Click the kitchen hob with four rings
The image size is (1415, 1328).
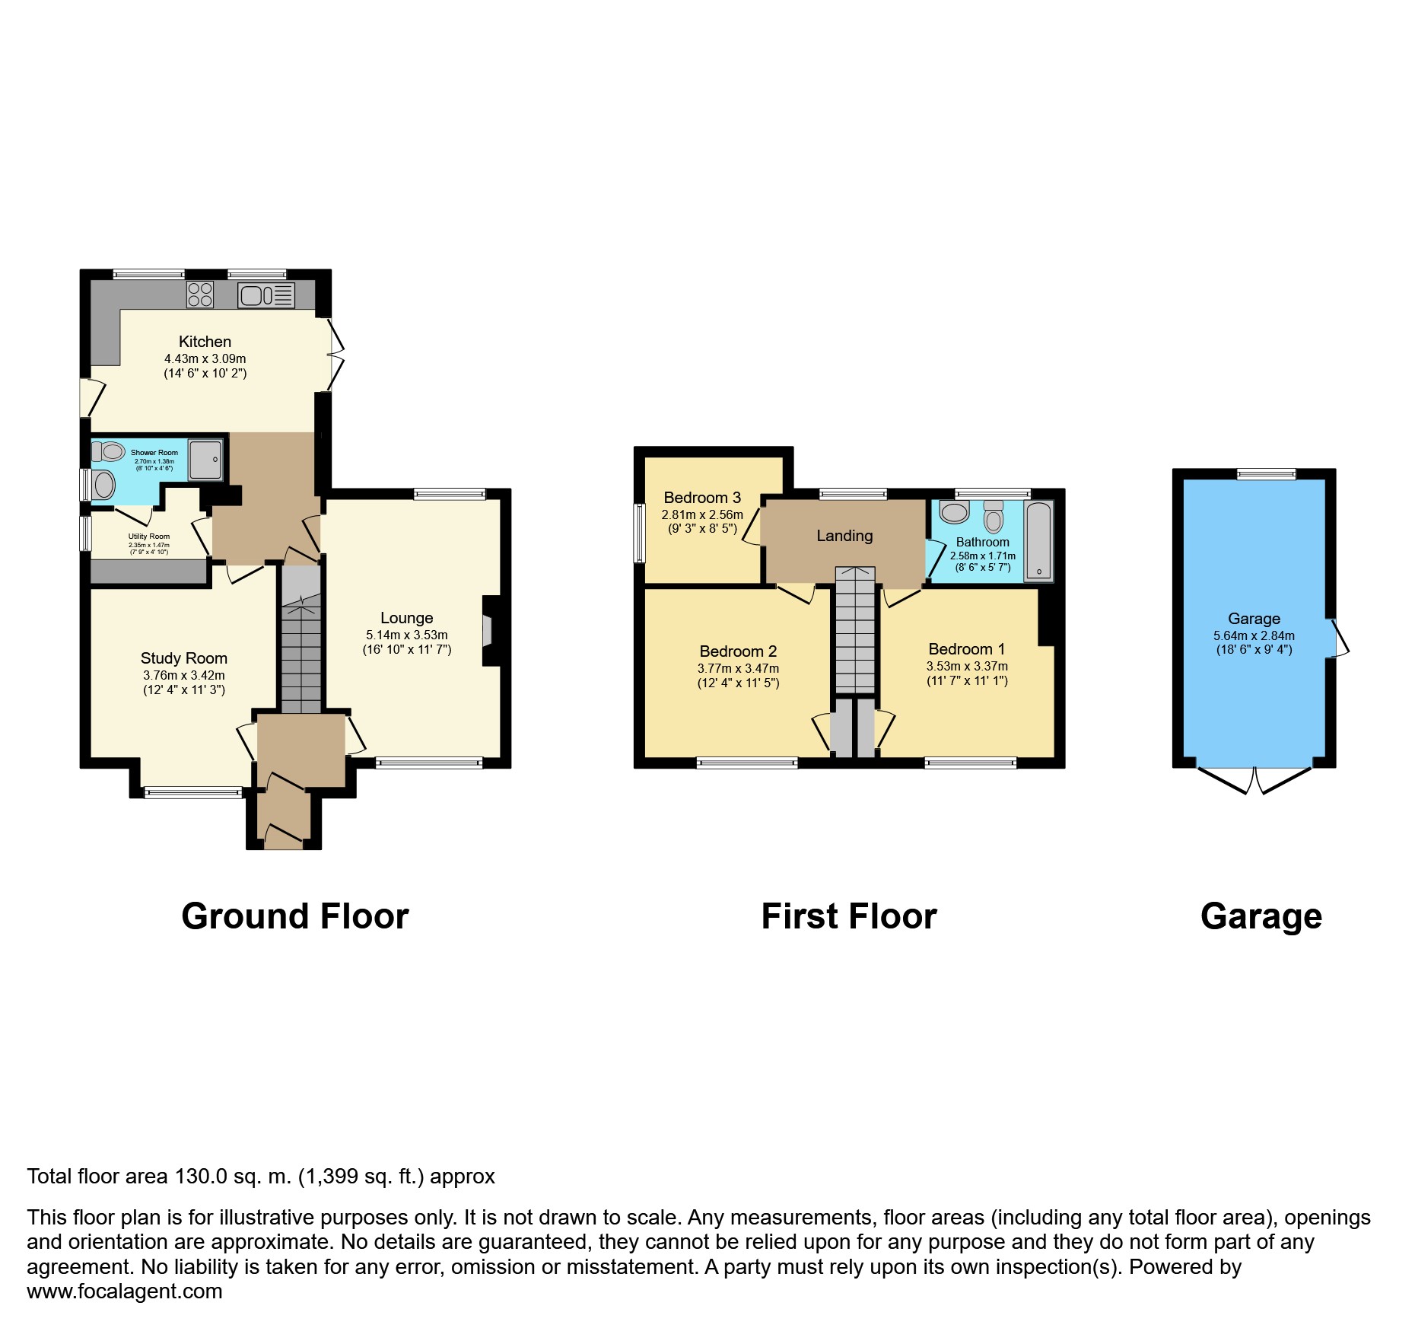[200, 295]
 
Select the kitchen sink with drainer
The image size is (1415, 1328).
[266, 295]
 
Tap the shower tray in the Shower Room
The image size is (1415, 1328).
[205, 460]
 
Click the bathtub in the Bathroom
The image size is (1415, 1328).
[1038, 541]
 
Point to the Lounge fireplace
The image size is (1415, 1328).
[490, 631]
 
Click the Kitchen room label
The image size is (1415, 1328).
[205, 342]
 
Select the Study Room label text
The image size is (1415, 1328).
[184, 658]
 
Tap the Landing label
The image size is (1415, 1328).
[844, 536]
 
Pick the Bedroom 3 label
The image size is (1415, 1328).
[702, 498]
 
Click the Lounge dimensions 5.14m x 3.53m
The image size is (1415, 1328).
[407, 635]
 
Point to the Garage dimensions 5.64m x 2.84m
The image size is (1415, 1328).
[1254, 635]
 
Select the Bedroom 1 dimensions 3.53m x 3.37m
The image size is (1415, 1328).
[967, 666]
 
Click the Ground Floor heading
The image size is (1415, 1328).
[295, 916]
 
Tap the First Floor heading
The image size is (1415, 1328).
[849, 916]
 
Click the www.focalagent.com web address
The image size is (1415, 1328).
[125, 1291]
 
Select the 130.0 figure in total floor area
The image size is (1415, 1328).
[201, 1177]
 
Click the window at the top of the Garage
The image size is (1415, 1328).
[1266, 474]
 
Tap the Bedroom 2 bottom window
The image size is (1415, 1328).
[747, 763]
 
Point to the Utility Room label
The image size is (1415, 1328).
[149, 537]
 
